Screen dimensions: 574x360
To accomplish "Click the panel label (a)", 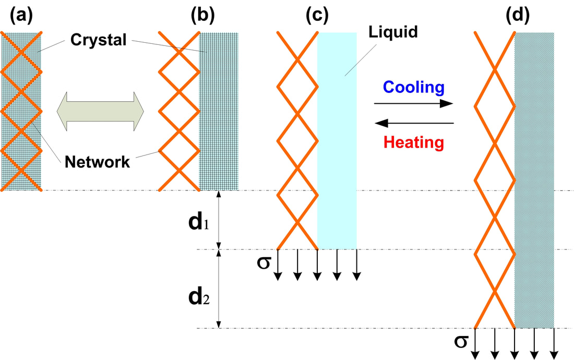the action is click(x=21, y=15).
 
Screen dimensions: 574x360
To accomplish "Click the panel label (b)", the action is click(x=202, y=15).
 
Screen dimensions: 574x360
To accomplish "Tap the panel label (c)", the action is click(x=317, y=15).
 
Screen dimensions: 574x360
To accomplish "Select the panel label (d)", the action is click(x=518, y=15).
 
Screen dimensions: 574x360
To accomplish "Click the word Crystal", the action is click(x=99, y=40).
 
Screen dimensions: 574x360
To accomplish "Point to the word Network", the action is click(x=97, y=162).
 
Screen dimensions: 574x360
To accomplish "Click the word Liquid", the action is click(x=393, y=32).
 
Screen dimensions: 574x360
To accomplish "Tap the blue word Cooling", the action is click(x=414, y=88).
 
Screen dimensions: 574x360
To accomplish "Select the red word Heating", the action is click(x=414, y=142).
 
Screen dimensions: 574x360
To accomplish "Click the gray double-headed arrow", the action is click(x=100, y=111).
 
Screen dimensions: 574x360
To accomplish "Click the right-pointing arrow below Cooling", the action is click(x=414, y=103).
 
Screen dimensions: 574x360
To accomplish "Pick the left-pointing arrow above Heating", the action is click(x=414, y=123).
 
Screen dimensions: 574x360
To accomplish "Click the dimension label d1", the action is click(x=199, y=222).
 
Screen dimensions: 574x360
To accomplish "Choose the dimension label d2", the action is click(x=199, y=297).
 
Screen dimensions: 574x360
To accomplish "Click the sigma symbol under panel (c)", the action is click(x=264, y=262).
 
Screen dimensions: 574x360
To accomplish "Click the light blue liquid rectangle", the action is click(x=337, y=141).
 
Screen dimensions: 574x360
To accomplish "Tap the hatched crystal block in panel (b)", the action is click(x=219, y=111).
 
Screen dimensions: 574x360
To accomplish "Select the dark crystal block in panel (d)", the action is click(x=534, y=181).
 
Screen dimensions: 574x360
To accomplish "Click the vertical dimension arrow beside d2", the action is click(x=219, y=289).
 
